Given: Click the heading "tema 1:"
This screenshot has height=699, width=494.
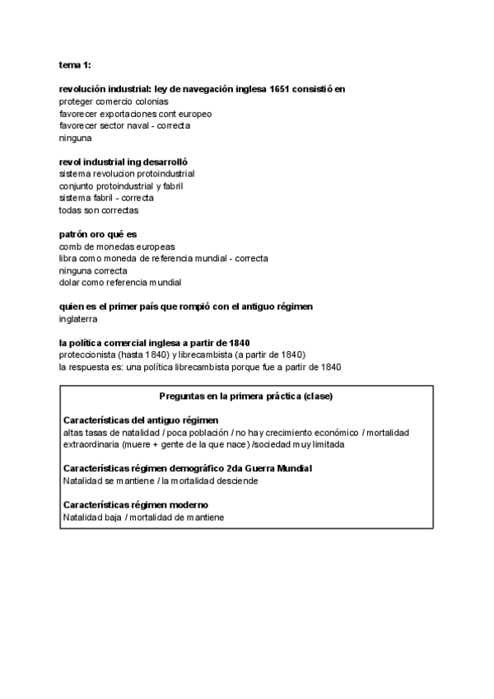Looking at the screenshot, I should (76, 64).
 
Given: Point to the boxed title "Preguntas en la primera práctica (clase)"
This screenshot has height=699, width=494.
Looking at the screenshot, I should (246, 396).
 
